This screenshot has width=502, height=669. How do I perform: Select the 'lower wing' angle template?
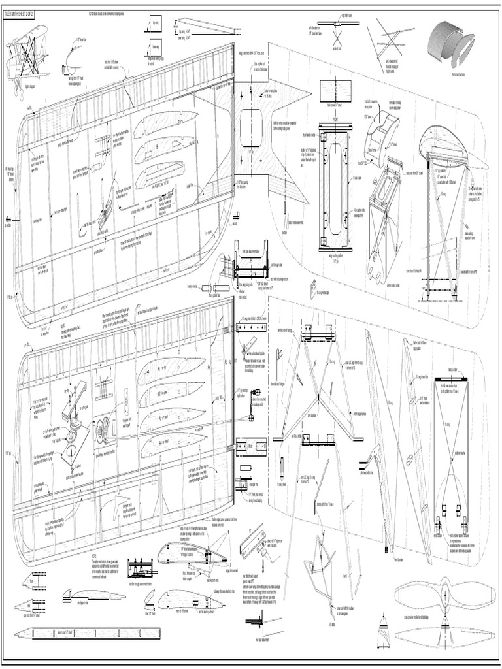pos(154,47)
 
